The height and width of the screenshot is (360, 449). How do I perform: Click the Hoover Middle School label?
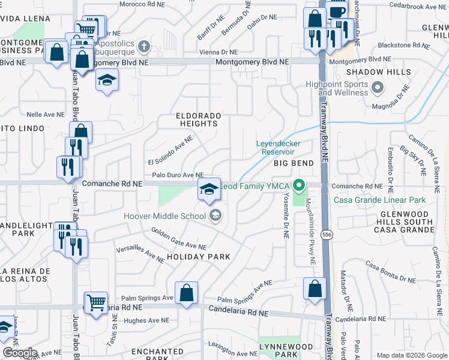click(x=165, y=216)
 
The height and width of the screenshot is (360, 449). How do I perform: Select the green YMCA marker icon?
click(x=304, y=186)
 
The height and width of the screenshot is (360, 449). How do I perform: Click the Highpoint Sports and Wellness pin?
click(x=378, y=89)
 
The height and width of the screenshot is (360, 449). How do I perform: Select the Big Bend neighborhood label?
click(x=294, y=163)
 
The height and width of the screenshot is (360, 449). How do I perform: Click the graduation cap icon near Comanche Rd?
click(x=208, y=190)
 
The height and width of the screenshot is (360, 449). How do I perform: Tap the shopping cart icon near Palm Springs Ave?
click(x=96, y=302)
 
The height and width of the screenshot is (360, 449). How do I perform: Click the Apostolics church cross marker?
click(x=143, y=46)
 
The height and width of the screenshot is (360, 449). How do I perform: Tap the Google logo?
click(x=20, y=353)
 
